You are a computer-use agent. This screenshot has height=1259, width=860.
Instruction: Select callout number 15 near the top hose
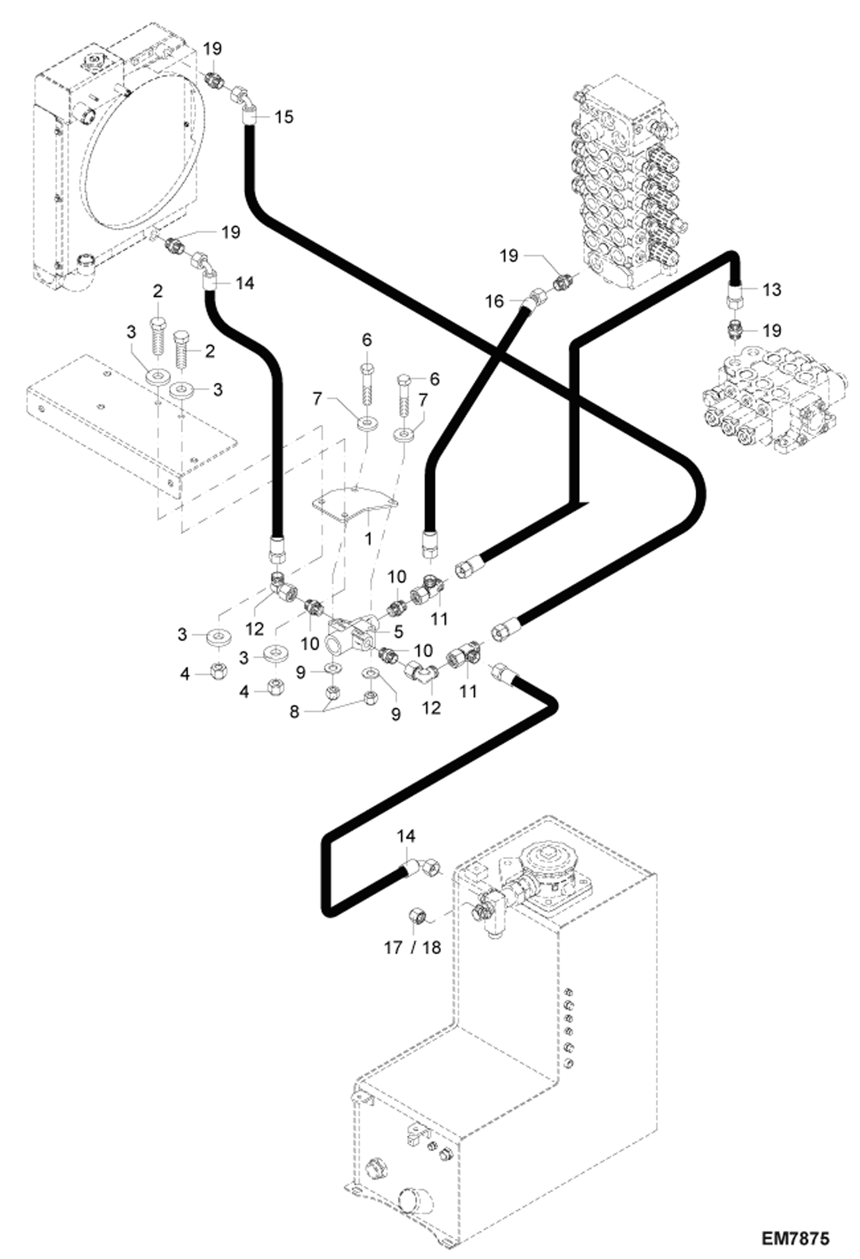pyautogui.click(x=283, y=117)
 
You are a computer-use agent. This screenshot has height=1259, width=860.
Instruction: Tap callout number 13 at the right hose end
pyautogui.click(x=772, y=290)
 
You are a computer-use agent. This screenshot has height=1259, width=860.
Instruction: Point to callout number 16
pyautogui.click(x=494, y=301)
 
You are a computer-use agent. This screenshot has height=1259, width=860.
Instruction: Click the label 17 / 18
pyautogui.click(x=412, y=947)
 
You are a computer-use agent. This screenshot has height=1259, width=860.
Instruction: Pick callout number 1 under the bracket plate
pyautogui.click(x=368, y=538)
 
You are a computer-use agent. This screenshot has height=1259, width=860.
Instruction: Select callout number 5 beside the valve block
pyautogui.click(x=398, y=631)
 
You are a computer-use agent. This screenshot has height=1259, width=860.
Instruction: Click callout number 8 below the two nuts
pyautogui.click(x=294, y=712)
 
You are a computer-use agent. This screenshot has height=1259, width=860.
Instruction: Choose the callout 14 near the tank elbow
pyautogui.click(x=406, y=836)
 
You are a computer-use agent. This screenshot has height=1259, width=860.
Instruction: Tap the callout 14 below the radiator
pyautogui.click(x=245, y=283)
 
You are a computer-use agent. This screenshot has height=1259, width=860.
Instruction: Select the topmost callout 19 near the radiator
pyautogui.click(x=212, y=48)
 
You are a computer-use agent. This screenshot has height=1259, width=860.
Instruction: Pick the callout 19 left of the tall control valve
pyautogui.click(x=509, y=255)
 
